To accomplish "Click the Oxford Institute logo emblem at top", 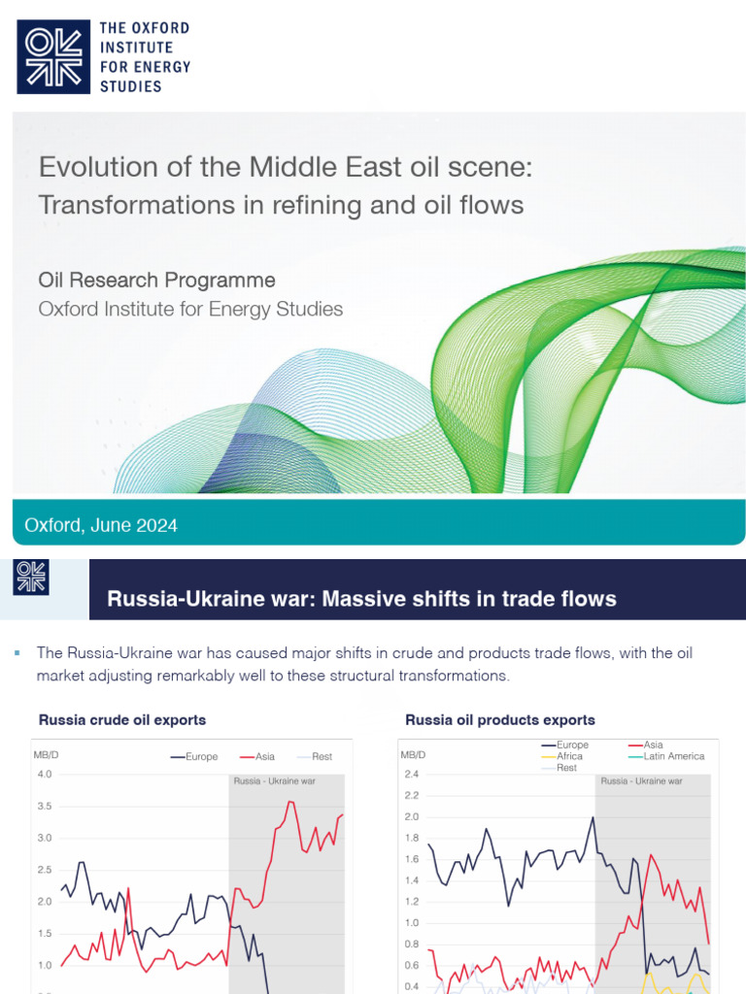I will pos(53,56).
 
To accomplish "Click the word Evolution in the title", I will pos(89,167).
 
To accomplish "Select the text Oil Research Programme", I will pos(156,281).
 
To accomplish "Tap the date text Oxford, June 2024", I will pos(101,525).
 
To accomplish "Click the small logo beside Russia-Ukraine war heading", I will pos(30,578).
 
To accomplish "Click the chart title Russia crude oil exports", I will pos(121,720).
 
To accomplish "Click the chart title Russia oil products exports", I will pos(499,720).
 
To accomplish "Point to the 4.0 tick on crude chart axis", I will pos(44,775).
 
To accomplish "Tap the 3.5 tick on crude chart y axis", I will pos(44,807).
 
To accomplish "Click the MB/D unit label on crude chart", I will pos(46,753).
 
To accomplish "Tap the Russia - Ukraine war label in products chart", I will pos(641,780).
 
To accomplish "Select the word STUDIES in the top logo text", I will pos(131,86).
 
